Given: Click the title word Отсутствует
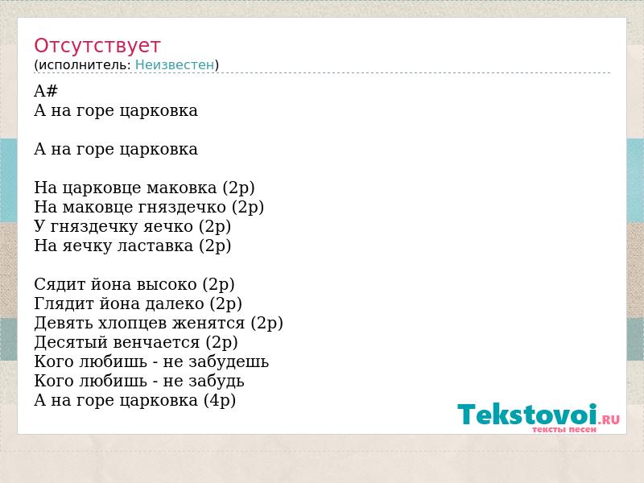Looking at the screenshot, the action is [x=97, y=46].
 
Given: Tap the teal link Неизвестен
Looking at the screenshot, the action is [x=175, y=65].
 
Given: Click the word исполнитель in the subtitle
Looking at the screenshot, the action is [x=85, y=65].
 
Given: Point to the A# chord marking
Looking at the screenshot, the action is [x=46, y=91].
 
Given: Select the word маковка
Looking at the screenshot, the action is [x=181, y=188].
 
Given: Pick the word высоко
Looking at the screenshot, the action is [x=167, y=285].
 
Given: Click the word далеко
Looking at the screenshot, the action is [x=174, y=304].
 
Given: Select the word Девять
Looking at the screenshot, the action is [x=64, y=324].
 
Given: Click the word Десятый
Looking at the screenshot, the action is [x=71, y=343].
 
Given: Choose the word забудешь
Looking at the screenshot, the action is [x=229, y=361].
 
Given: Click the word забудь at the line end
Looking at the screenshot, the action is [x=216, y=381].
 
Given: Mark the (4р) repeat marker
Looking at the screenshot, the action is [x=220, y=400].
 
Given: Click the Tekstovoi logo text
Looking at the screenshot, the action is [x=527, y=414].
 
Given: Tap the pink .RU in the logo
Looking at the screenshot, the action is [x=609, y=419].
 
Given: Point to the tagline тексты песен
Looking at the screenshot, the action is [x=564, y=430].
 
